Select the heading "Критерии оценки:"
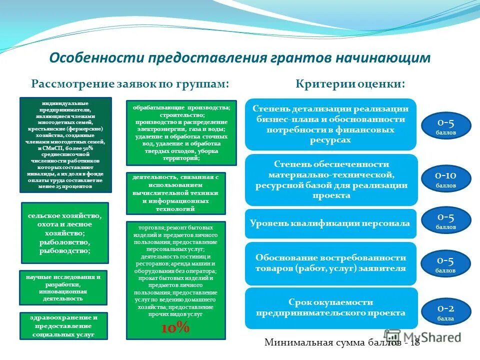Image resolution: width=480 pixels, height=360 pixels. pos(350,83)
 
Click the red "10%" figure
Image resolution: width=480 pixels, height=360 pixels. pos(175,327)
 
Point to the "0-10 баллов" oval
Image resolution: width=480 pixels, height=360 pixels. pos(445,178)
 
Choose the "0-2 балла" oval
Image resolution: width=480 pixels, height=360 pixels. pos(445,311)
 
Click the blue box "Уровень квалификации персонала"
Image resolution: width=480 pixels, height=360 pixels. pos(330,223)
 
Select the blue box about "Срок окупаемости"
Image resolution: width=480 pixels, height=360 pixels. pos(330,307)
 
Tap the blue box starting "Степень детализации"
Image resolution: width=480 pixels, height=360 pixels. pos(330,124)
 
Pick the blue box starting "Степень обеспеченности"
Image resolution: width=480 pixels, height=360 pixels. pos(330,180)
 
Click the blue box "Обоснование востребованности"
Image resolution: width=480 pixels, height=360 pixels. pos(330,263)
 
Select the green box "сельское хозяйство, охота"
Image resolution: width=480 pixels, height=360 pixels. pos(64,233)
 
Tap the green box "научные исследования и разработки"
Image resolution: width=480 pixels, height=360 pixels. pos(63,287)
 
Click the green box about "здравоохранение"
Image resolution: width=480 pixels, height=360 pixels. pos(63,326)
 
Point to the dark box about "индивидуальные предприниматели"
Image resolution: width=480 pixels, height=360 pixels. pos(65,145)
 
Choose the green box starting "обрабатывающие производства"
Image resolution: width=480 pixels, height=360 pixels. pos(181,132)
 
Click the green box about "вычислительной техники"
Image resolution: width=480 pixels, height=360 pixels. pos(175,193)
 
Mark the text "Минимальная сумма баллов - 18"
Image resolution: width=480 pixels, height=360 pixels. pos(342,343)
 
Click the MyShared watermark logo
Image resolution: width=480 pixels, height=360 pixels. pos(423,337)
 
